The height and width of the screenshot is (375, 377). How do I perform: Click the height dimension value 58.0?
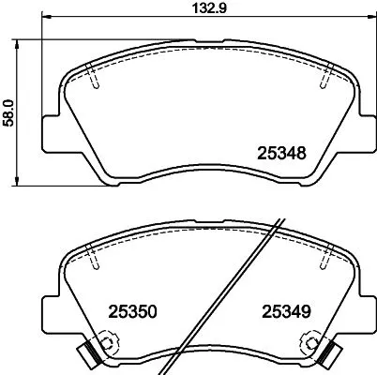[9, 109]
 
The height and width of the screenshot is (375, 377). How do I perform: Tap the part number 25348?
[282, 152]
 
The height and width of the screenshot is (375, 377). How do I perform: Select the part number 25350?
[130, 309]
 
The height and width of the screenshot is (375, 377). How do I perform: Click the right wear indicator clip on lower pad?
[330, 353]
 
